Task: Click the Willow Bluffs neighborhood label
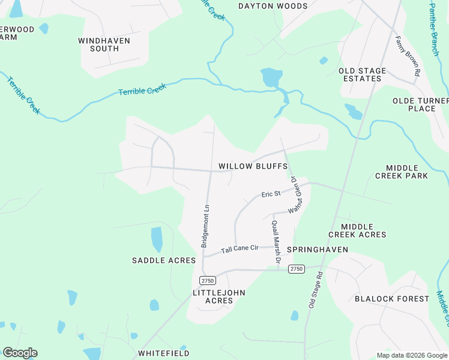[253, 166]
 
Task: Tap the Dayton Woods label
[273, 7]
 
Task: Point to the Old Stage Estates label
[363, 74]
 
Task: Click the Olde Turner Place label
[421, 104]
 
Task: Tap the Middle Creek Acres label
[357, 230]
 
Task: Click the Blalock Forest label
[392, 299]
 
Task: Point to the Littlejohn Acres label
[219, 296]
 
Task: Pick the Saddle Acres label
[164, 260]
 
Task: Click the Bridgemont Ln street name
[205, 226]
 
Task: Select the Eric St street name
[271, 194]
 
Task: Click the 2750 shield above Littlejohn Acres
[208, 280]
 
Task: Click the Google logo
[20, 353]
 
